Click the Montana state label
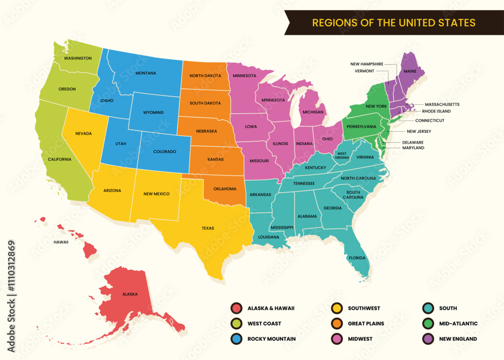pos(146,73)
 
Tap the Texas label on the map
pos(208,228)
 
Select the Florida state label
pos(357,258)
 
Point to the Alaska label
pos(130,294)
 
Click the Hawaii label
pos(61,242)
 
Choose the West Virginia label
pos(342,155)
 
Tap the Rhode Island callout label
pos(436,111)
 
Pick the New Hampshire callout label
pos(367,64)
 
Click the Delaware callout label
pos(413,142)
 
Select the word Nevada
pos(84,134)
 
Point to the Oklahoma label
pos(224,189)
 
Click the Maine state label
pos(410,71)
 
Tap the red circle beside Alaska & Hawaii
pos(235,308)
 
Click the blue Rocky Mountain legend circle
pos(235,339)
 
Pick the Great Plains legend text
pos(365,324)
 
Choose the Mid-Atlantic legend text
pos(458,324)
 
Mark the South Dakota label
pos(205,103)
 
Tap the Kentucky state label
pos(316,167)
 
